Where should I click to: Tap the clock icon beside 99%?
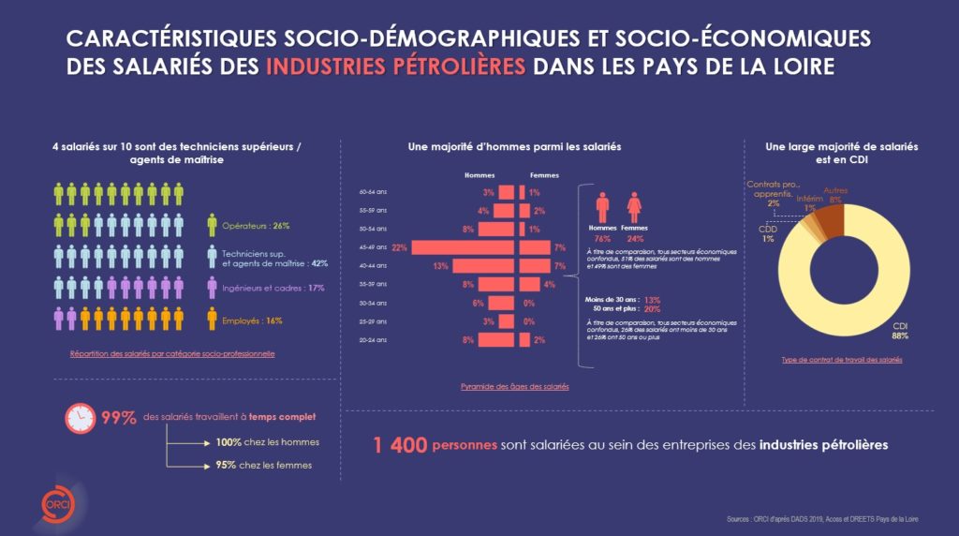pos(79,418)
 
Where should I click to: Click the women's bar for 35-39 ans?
pos(530,284)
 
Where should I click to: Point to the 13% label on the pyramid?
pos(440,266)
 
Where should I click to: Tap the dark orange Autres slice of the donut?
pos(830,220)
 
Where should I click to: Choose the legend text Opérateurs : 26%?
pos(255,226)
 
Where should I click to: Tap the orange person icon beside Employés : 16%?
pos(212,320)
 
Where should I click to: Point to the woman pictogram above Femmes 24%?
pos(634,207)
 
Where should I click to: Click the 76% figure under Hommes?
pos(602,238)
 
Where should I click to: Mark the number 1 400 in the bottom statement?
pos(400,445)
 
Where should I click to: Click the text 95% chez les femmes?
pos(263,465)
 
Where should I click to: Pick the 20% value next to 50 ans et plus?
pos(653,308)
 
